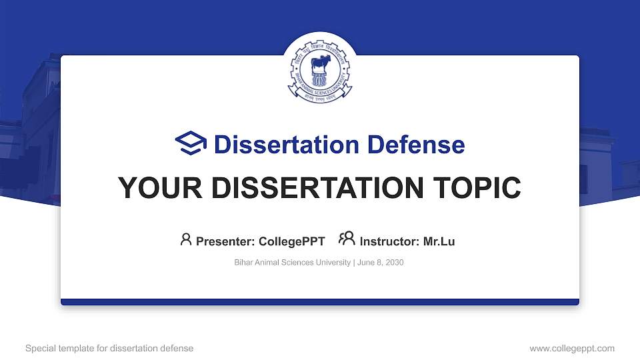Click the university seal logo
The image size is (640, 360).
coord(319,72)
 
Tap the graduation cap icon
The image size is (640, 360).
coord(191,143)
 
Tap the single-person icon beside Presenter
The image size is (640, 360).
coord(186,239)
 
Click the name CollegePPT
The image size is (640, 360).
coord(292,241)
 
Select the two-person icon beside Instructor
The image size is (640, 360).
coord(347,239)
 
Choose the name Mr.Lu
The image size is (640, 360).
coord(439,241)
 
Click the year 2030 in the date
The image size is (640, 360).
coord(393,263)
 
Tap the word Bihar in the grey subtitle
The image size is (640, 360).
coord(243,263)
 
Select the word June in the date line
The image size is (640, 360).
coord(366,263)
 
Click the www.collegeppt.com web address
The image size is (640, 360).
coord(571,348)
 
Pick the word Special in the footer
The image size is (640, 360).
coord(40,348)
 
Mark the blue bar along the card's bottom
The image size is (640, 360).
coord(320,302)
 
